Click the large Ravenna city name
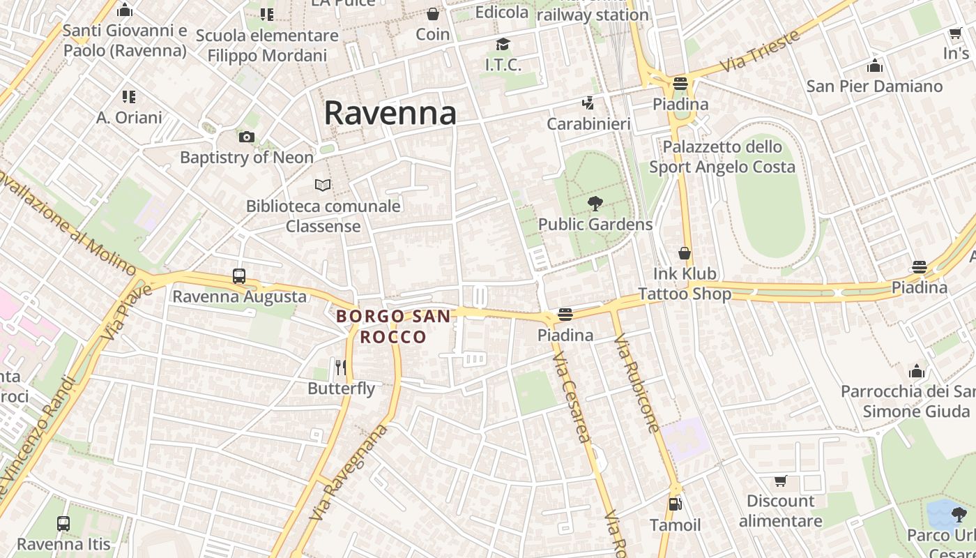pos(390,113)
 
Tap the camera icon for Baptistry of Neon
pos(247,137)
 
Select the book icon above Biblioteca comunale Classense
pos(323,185)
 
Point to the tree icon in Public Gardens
pos(595,204)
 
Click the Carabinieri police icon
pos(588,104)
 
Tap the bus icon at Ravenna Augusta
pos(239,276)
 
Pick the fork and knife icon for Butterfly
pos(341,367)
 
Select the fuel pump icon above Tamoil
pos(675,504)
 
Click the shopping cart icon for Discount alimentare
pos(781,481)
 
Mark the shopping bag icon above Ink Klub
pos(685,253)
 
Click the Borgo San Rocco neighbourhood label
pos(393,326)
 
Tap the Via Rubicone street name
pos(636,384)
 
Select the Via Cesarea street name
pos(572,398)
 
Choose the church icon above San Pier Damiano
pos(874,66)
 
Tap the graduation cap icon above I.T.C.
pos(503,45)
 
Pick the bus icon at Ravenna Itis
pos(63,523)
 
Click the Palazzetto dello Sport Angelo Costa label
pos(722,157)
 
